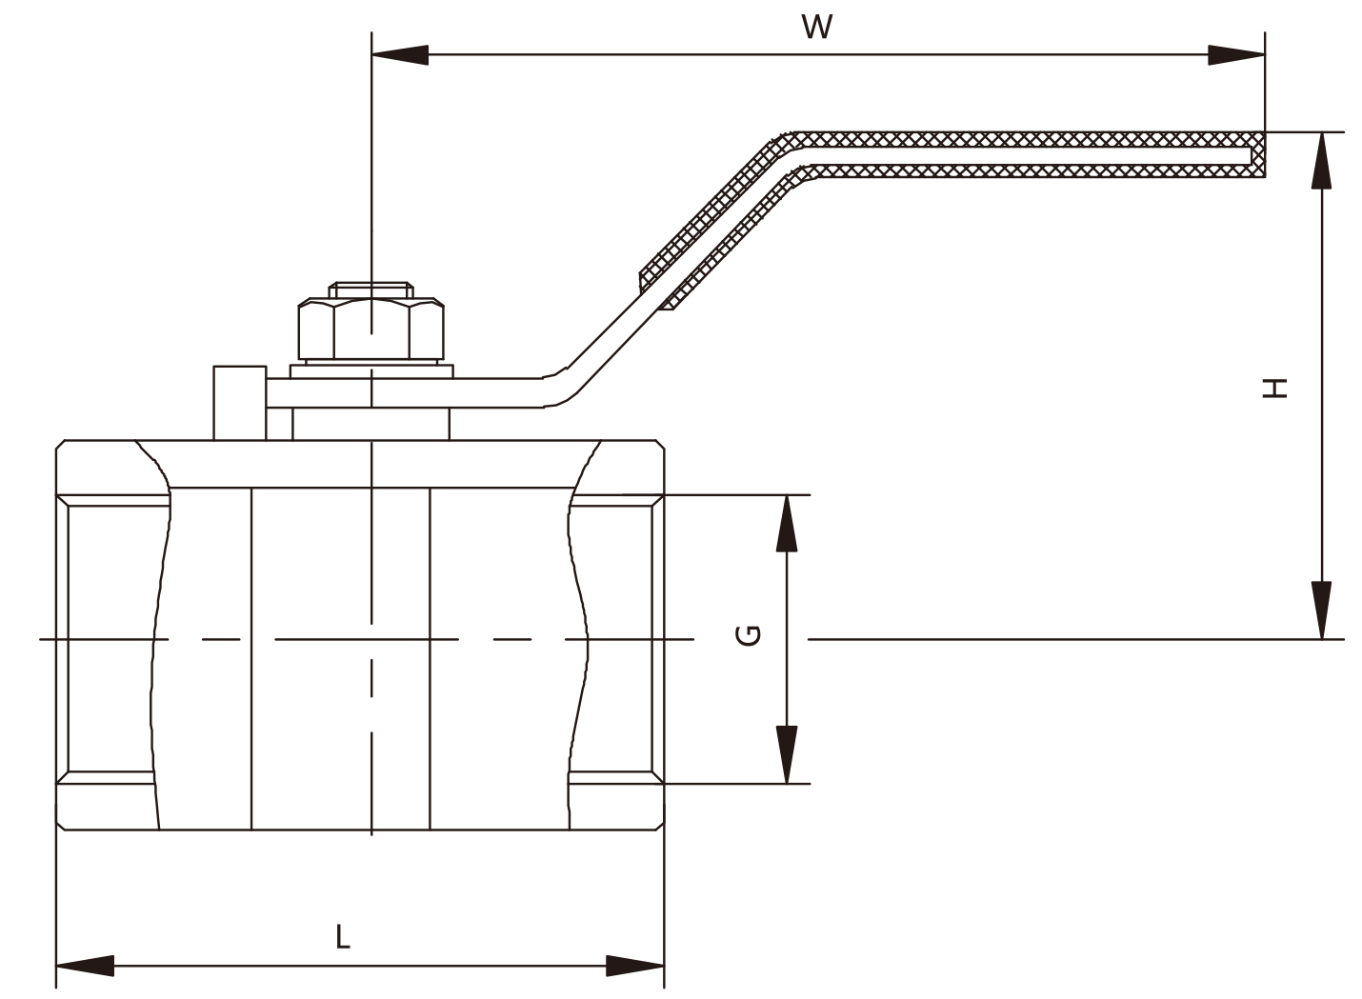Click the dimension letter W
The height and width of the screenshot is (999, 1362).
(816, 27)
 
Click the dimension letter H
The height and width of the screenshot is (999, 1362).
(1275, 389)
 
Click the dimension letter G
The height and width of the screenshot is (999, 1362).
(748, 635)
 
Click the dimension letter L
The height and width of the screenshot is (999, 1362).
(343, 936)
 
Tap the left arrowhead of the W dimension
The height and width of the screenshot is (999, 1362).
(400, 54)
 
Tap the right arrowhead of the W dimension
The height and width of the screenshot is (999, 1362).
(1236, 54)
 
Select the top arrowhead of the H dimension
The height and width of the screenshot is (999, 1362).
(1321, 161)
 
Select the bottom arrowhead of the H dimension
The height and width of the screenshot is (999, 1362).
(1321, 610)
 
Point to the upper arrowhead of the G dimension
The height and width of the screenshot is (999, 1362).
(787, 524)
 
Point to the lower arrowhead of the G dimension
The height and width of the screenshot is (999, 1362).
(787, 754)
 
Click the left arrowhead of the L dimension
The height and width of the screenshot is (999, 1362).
(85, 966)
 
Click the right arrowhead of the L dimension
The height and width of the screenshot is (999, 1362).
(634, 966)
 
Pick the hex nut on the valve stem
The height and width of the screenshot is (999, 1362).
(371, 329)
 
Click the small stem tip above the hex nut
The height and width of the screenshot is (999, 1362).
(371, 290)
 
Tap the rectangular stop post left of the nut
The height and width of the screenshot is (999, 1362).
(240, 403)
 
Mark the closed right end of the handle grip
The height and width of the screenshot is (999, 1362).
(1258, 155)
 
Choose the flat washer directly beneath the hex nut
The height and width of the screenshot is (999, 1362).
(371, 371)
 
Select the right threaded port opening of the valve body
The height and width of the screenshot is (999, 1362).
(615, 639)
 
